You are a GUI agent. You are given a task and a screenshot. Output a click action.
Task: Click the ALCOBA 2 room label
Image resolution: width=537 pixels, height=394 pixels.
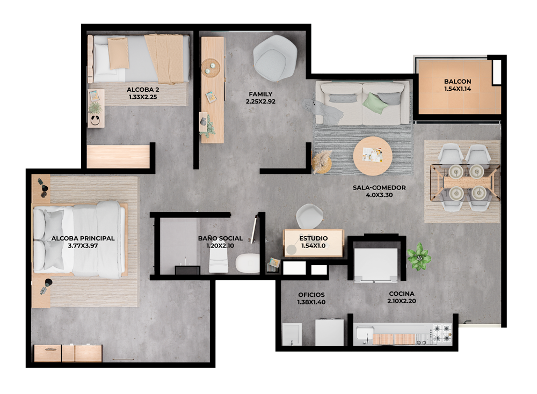(143, 90)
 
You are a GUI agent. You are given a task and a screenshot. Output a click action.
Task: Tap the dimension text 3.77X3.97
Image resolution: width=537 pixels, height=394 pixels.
(83, 245)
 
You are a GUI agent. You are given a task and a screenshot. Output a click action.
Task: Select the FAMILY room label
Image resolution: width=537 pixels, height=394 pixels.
(260, 94)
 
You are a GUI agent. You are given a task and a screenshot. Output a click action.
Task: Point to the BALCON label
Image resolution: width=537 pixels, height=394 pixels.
(458, 82)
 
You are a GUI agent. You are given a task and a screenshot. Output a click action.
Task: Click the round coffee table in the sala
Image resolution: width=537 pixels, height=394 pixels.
(373, 156)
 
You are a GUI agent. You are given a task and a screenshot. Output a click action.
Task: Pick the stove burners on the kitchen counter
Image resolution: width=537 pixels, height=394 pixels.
(442, 334)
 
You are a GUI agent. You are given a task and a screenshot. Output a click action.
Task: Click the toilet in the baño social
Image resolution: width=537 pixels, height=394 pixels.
(219, 261)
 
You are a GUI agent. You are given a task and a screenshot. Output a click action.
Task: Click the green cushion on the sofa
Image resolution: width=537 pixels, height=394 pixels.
(375, 103)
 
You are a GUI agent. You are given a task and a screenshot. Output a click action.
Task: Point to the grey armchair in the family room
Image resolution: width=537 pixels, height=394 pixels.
(275, 58)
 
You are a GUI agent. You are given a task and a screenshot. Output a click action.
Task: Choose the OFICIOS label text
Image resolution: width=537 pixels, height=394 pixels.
(311, 295)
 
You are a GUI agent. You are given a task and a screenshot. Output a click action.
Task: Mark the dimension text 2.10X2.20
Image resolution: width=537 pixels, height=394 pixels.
(402, 301)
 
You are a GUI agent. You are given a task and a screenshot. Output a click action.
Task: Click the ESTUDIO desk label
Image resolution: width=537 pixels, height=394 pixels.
(314, 238)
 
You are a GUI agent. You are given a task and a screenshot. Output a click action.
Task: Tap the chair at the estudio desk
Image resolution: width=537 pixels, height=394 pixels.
(310, 216)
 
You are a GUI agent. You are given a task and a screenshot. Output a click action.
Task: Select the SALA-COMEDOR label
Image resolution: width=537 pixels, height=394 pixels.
(379, 187)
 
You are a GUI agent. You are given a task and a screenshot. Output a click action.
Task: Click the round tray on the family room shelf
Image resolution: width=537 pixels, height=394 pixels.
(211, 68)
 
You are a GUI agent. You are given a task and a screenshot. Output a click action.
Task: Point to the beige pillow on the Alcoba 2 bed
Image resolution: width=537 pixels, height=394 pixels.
(119, 53)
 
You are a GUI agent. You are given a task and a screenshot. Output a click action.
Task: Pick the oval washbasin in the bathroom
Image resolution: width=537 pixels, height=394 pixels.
(247, 263)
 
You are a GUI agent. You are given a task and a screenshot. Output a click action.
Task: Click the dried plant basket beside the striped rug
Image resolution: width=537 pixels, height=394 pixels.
(322, 162)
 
